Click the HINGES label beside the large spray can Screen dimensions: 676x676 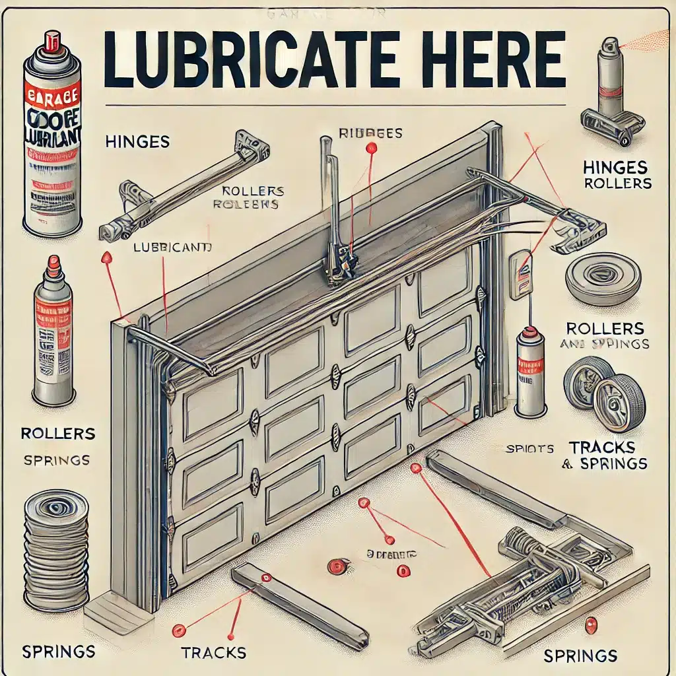137,141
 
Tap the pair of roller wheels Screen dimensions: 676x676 603,394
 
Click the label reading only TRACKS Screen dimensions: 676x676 213,653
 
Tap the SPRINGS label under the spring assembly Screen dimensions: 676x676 580,656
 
